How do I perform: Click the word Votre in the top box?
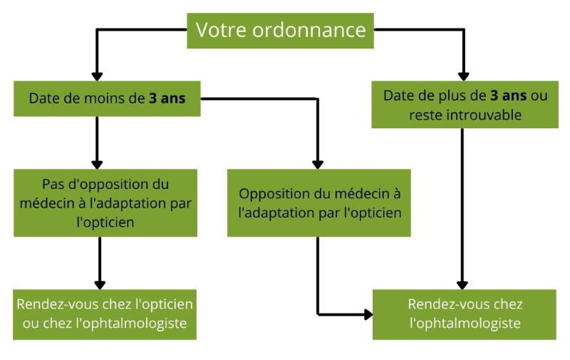click(x=222, y=29)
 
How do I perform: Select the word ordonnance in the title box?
click(x=309, y=29)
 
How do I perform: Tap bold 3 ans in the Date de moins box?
click(x=167, y=98)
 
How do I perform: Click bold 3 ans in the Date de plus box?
click(x=509, y=96)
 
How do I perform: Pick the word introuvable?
click(x=484, y=115)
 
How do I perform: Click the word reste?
click(x=425, y=115)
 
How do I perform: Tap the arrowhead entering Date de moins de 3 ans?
click(x=97, y=76)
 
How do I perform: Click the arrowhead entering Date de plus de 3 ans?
click(x=463, y=76)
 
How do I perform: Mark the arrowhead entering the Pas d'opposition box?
click(x=97, y=164)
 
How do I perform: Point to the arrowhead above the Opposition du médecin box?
click(x=318, y=164)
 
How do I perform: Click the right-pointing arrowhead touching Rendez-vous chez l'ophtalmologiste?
click(x=368, y=314)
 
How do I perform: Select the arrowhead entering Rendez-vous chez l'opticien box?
click(x=100, y=284)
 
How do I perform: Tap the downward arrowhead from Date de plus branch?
click(x=462, y=284)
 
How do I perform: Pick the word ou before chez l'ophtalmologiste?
click(x=31, y=323)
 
